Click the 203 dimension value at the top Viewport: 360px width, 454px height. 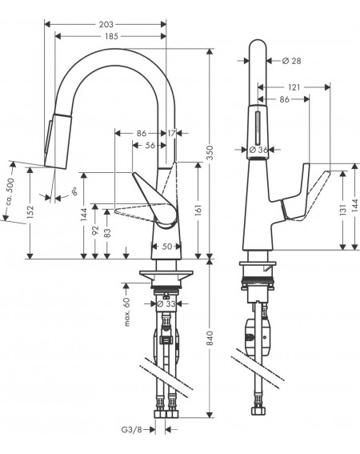pyautogui.click(x=106, y=24)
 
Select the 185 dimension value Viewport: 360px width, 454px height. pyautogui.click(x=112, y=36)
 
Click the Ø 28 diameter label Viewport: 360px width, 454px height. pyautogui.click(x=291, y=61)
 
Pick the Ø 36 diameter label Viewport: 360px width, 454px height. pyautogui.click(x=258, y=150)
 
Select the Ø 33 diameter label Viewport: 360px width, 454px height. pyautogui.click(x=166, y=303)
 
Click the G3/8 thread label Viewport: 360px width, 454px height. pyautogui.click(x=132, y=430)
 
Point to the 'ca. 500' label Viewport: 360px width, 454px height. pyautogui.click(x=10, y=191)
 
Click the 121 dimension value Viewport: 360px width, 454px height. pyautogui.click(x=294, y=87)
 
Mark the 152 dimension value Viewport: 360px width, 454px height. pyautogui.click(x=30, y=211)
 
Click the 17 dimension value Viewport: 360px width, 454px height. pyautogui.click(x=172, y=134)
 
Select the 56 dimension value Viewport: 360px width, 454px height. pyautogui.click(x=150, y=146)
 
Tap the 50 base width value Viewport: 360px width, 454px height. pyautogui.click(x=167, y=247)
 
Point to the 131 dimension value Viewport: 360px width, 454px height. pyautogui.click(x=343, y=210)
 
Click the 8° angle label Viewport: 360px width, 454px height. pyautogui.click(x=74, y=191)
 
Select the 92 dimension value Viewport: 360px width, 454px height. pyautogui.click(x=95, y=231)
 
